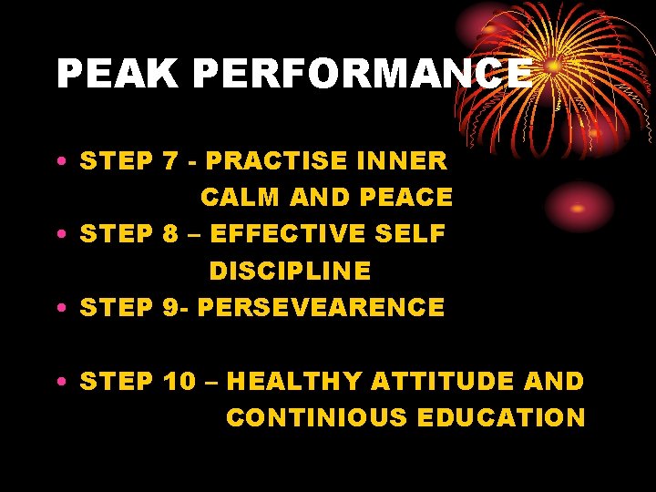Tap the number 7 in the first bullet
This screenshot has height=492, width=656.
click(x=169, y=161)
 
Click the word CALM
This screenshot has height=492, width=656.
click(x=240, y=198)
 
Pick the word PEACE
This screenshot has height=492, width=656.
click(x=406, y=198)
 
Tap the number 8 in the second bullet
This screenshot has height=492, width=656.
click(x=169, y=234)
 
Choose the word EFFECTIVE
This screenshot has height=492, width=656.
click(x=289, y=234)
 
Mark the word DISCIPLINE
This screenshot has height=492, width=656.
click(x=290, y=272)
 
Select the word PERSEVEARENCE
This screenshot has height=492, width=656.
click(x=321, y=308)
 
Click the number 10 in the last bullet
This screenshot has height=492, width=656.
click(x=179, y=381)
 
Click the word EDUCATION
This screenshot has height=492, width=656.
click(x=501, y=418)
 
